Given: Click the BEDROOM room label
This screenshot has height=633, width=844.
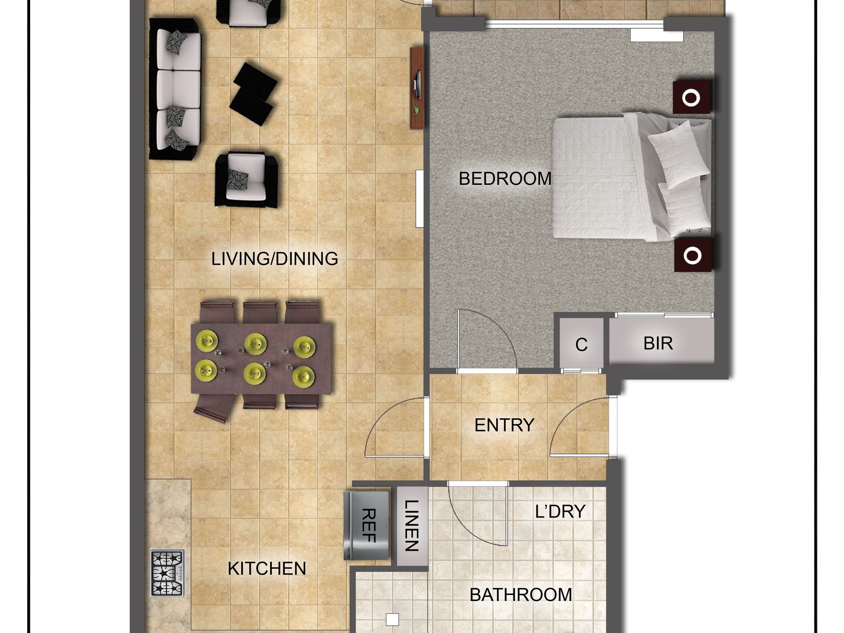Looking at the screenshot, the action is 505,179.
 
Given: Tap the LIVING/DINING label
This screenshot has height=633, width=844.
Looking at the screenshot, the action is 275,259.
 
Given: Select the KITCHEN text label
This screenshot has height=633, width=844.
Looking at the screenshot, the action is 267,569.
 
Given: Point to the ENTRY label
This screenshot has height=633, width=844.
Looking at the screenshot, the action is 504,425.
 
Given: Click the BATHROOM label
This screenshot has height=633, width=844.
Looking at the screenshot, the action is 521,595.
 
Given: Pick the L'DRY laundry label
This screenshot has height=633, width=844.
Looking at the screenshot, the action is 560,512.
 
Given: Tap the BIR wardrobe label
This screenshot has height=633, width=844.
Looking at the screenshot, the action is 658,343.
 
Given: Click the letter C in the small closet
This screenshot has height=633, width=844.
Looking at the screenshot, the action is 581,345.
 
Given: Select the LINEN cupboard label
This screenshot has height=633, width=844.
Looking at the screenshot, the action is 412,526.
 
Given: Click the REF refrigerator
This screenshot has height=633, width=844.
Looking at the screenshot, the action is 367,525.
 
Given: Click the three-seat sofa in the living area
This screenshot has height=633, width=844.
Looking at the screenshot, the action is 175,89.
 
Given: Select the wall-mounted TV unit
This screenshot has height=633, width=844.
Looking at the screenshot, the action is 417,88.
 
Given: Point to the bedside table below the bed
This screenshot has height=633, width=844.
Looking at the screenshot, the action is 692,255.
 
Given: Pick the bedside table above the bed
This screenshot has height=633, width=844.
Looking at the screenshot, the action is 691,97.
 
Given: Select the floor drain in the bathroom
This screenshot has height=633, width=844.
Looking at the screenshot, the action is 392,619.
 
